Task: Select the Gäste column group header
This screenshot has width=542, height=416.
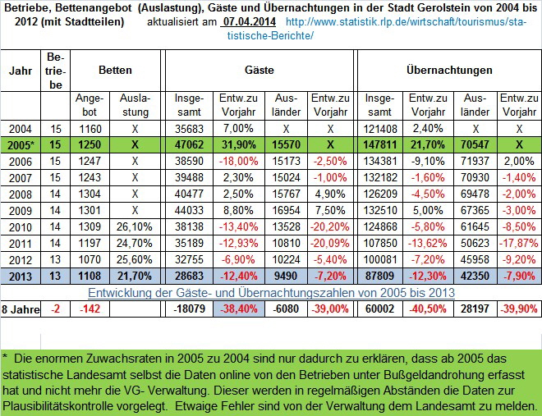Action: coord(260,71)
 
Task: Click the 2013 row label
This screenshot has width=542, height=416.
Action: coord(21,276)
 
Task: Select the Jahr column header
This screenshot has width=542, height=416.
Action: coord(21,71)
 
